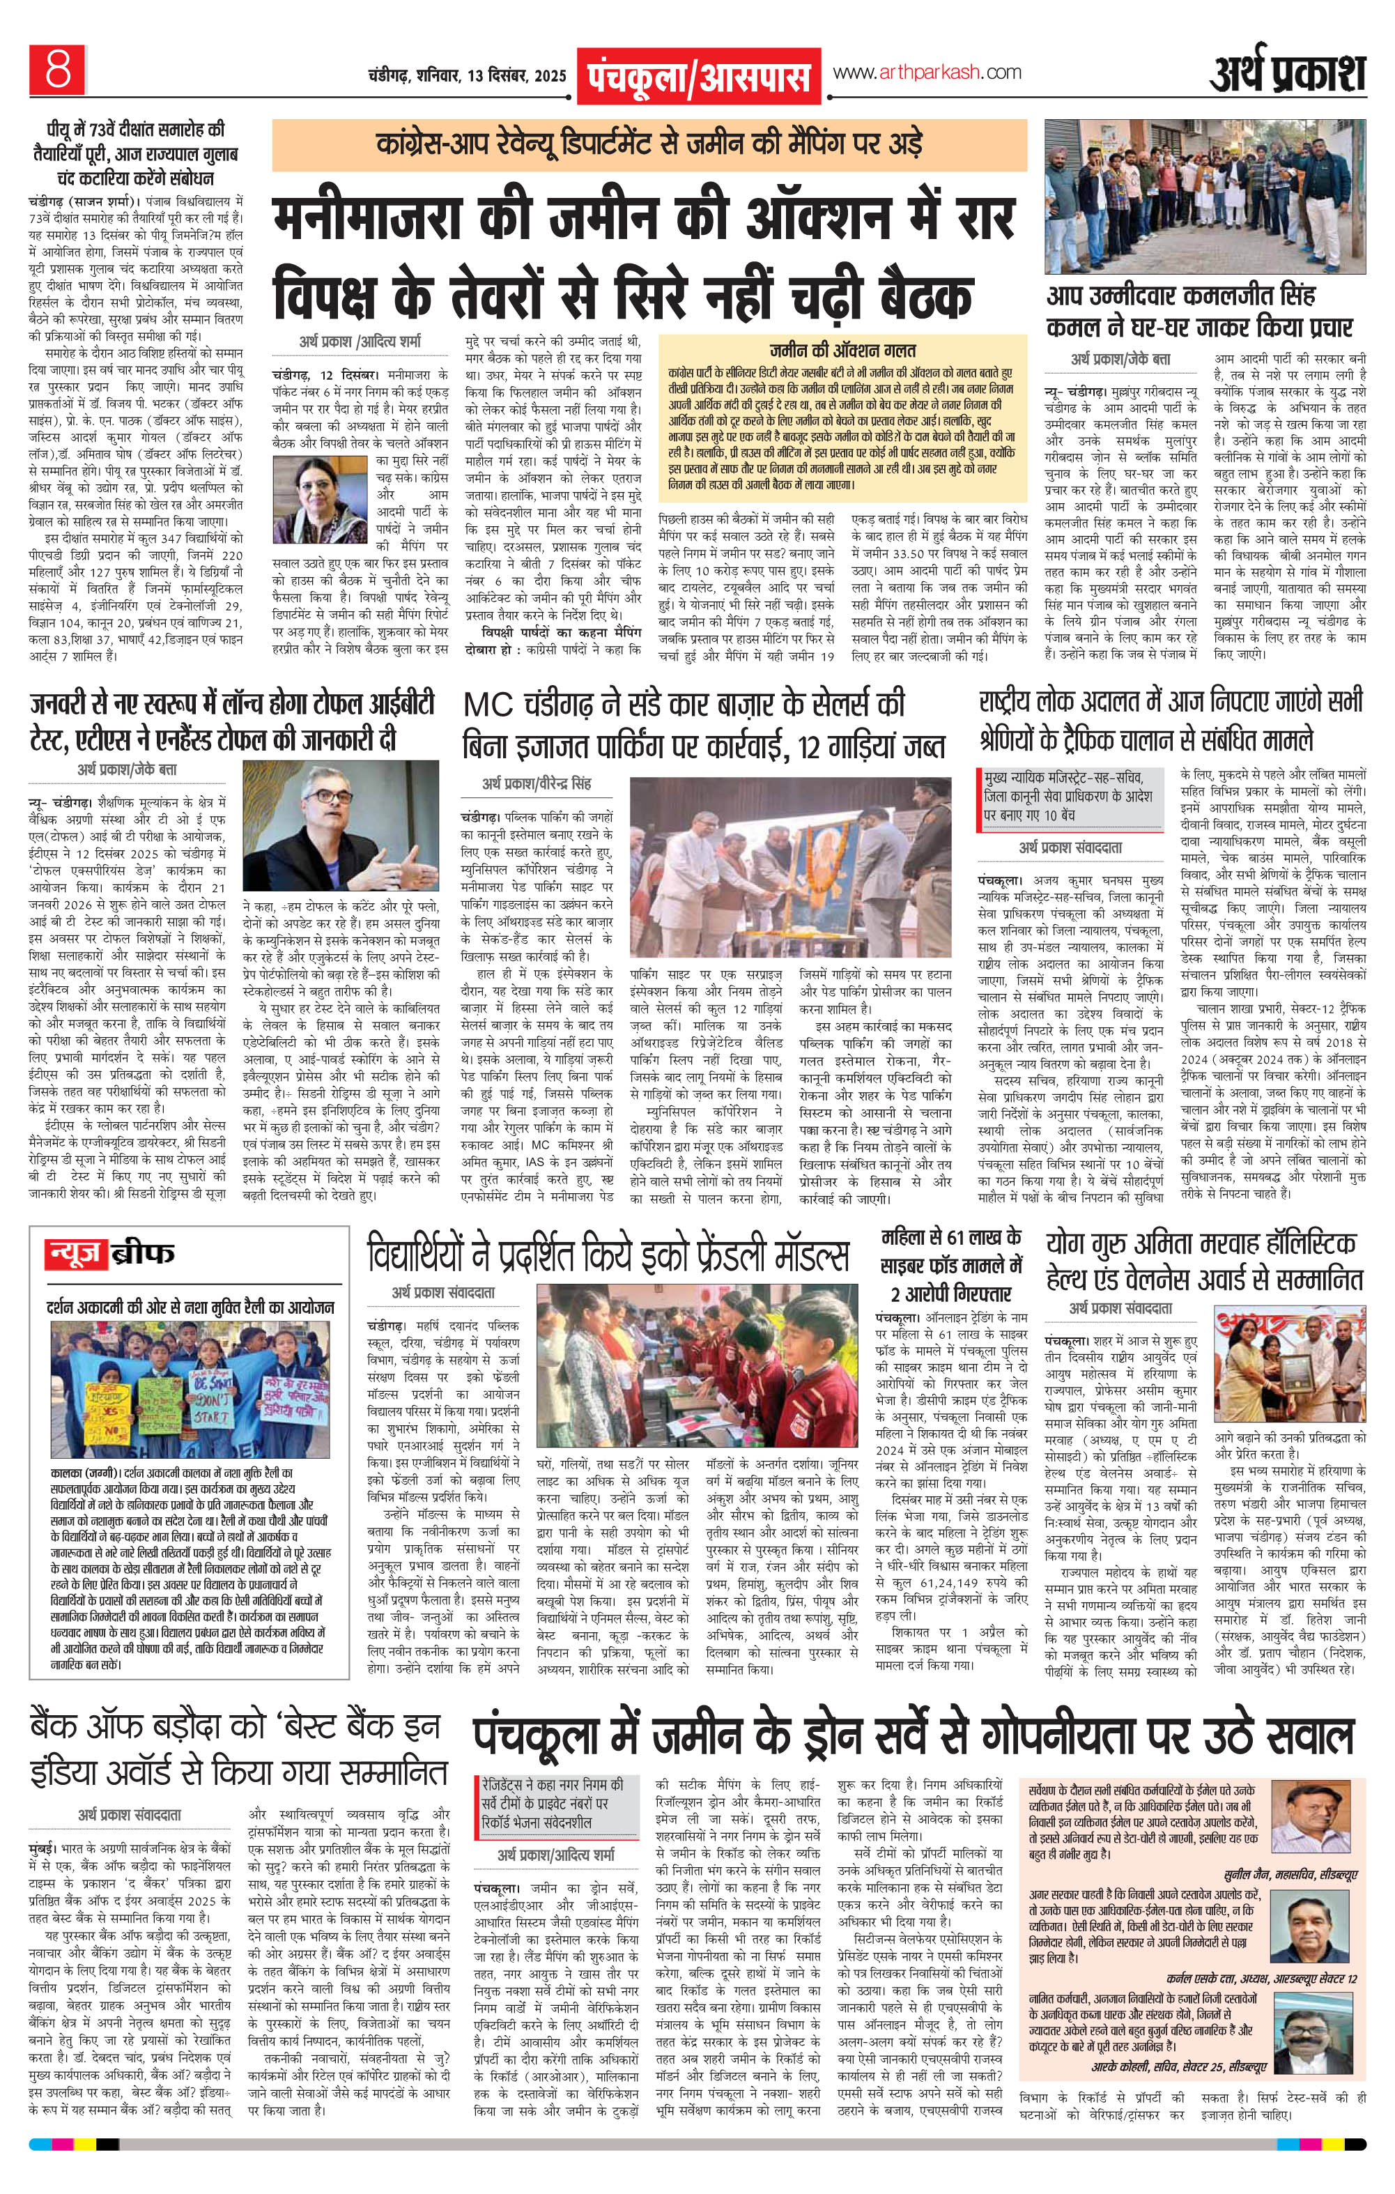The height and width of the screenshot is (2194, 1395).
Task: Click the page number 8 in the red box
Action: point(56,69)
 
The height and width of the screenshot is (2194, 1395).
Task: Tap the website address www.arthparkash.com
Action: point(927,72)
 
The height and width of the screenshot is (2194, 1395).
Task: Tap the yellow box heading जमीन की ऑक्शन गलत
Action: point(841,350)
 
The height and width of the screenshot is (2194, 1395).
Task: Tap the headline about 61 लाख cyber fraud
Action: point(951,1264)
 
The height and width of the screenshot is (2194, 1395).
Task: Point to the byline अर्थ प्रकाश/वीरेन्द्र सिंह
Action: point(537,783)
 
